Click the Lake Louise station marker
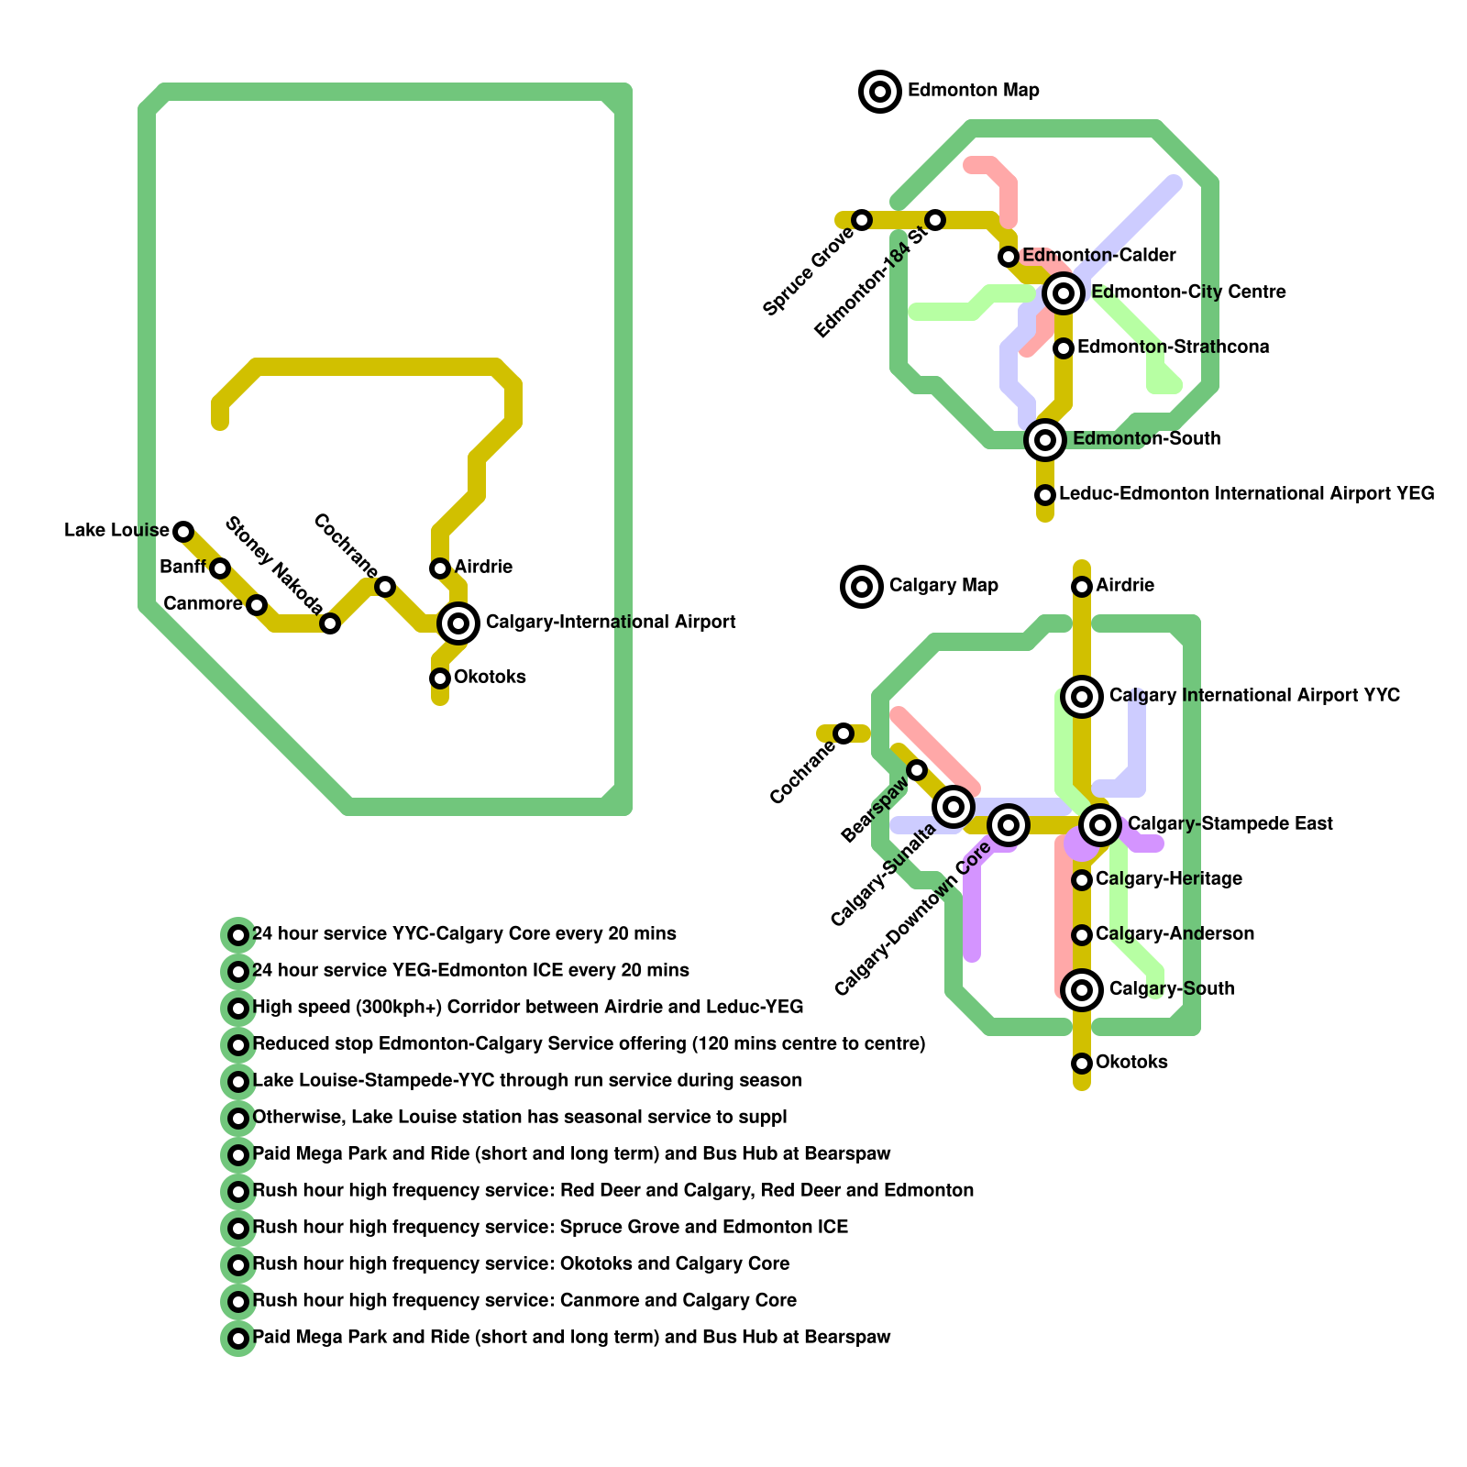(x=183, y=531)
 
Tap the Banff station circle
(x=220, y=568)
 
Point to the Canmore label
(x=203, y=604)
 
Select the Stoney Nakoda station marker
(x=330, y=623)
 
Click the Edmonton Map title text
(x=973, y=91)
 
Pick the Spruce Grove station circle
(x=862, y=220)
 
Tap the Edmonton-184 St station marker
(x=935, y=220)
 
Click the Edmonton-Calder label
(x=1098, y=255)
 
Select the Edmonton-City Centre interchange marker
(x=1064, y=293)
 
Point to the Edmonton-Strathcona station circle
(x=1064, y=348)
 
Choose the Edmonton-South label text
(x=1146, y=439)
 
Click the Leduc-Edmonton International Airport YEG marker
(x=1045, y=495)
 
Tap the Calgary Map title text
(x=943, y=586)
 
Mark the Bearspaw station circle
(x=917, y=770)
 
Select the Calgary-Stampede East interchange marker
(x=1100, y=825)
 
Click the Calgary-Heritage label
(x=1169, y=879)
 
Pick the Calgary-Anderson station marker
(x=1082, y=935)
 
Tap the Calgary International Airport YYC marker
(x=1082, y=697)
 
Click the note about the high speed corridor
(x=527, y=1008)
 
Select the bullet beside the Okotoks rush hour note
(x=238, y=1265)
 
